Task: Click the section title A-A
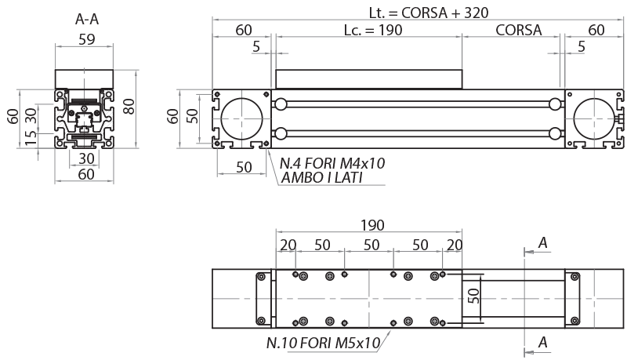click(85, 19)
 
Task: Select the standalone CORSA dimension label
click(518, 31)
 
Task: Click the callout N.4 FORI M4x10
click(332, 163)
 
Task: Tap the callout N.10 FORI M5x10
click(323, 343)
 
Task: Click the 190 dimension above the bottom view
click(371, 225)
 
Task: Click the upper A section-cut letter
click(542, 244)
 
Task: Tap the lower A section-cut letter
click(542, 342)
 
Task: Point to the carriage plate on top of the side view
click(369, 79)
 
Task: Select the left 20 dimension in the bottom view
click(288, 245)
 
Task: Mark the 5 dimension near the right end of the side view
click(581, 46)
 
